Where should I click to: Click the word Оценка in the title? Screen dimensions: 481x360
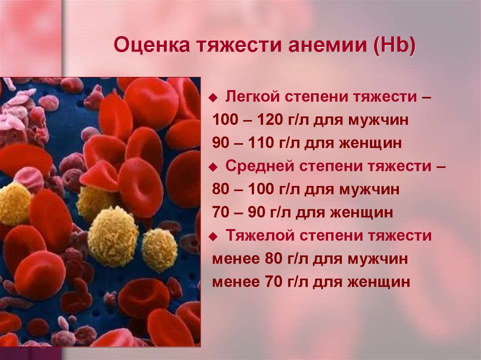click(x=152, y=45)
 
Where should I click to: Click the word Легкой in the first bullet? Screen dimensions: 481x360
click(x=252, y=97)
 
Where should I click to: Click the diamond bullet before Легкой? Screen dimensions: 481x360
click(x=212, y=98)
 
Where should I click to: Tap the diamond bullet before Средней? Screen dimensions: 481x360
click(x=212, y=168)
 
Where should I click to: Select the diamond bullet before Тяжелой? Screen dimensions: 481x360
click(x=212, y=237)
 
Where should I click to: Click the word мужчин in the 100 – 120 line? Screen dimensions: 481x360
click(x=378, y=120)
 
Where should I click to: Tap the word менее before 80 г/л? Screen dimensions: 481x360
click(x=236, y=259)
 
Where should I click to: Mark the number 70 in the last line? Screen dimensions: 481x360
click(x=274, y=282)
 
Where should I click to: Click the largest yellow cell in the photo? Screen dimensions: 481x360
click(x=113, y=237)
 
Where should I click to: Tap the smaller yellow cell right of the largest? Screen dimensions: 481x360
click(x=160, y=249)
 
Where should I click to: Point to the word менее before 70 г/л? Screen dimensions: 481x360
click(x=236, y=282)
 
